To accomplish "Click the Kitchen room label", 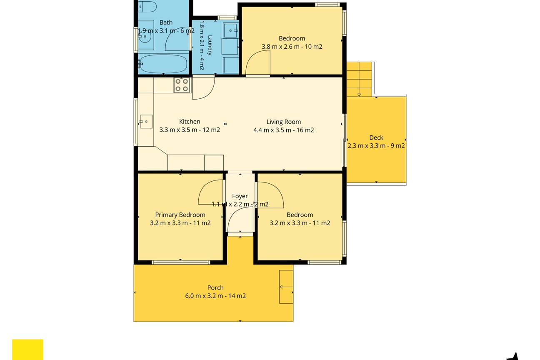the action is point(190,122).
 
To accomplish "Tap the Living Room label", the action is point(283,122).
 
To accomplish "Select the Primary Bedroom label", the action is point(180,215).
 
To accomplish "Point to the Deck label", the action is point(376,137).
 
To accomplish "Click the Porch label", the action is point(215,287).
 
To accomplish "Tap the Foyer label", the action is point(240,196).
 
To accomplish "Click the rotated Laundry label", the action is point(210,45).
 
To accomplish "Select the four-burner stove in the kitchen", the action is point(182,85).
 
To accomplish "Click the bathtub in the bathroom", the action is point(163,64).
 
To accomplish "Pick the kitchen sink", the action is point(146,122).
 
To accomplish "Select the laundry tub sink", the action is point(231,30).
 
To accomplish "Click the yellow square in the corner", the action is point(27,350).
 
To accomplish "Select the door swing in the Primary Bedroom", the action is point(205,187).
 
